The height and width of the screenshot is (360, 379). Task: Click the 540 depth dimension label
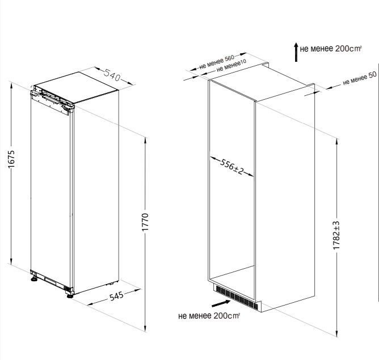click(x=112, y=75)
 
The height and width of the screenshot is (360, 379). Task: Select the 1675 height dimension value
click(x=11, y=159)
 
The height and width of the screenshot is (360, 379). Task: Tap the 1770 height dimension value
click(x=145, y=222)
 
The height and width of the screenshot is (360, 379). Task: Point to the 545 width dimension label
click(x=116, y=296)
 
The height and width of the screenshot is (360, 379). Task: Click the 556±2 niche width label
click(x=231, y=166)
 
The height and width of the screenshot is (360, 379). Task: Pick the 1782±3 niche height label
click(x=336, y=235)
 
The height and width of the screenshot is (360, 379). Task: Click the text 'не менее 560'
click(x=217, y=62)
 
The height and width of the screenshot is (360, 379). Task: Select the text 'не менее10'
click(x=231, y=66)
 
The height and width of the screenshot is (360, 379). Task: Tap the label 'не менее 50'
click(x=360, y=78)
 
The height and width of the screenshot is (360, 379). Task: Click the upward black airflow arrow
click(x=296, y=52)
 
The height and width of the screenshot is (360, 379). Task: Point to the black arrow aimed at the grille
click(x=221, y=303)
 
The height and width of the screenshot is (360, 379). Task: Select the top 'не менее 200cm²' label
click(x=331, y=49)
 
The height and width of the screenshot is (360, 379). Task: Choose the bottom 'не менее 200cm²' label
click(x=209, y=316)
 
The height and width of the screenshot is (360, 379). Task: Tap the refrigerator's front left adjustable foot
click(x=34, y=279)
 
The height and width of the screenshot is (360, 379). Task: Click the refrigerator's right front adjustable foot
click(x=70, y=295)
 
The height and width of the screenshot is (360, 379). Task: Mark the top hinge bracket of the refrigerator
click(x=52, y=100)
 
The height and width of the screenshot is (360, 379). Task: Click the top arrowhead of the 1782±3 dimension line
click(x=336, y=142)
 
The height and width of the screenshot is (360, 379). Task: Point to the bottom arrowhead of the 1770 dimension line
click(x=145, y=328)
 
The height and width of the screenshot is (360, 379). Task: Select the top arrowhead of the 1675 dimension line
click(x=11, y=85)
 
